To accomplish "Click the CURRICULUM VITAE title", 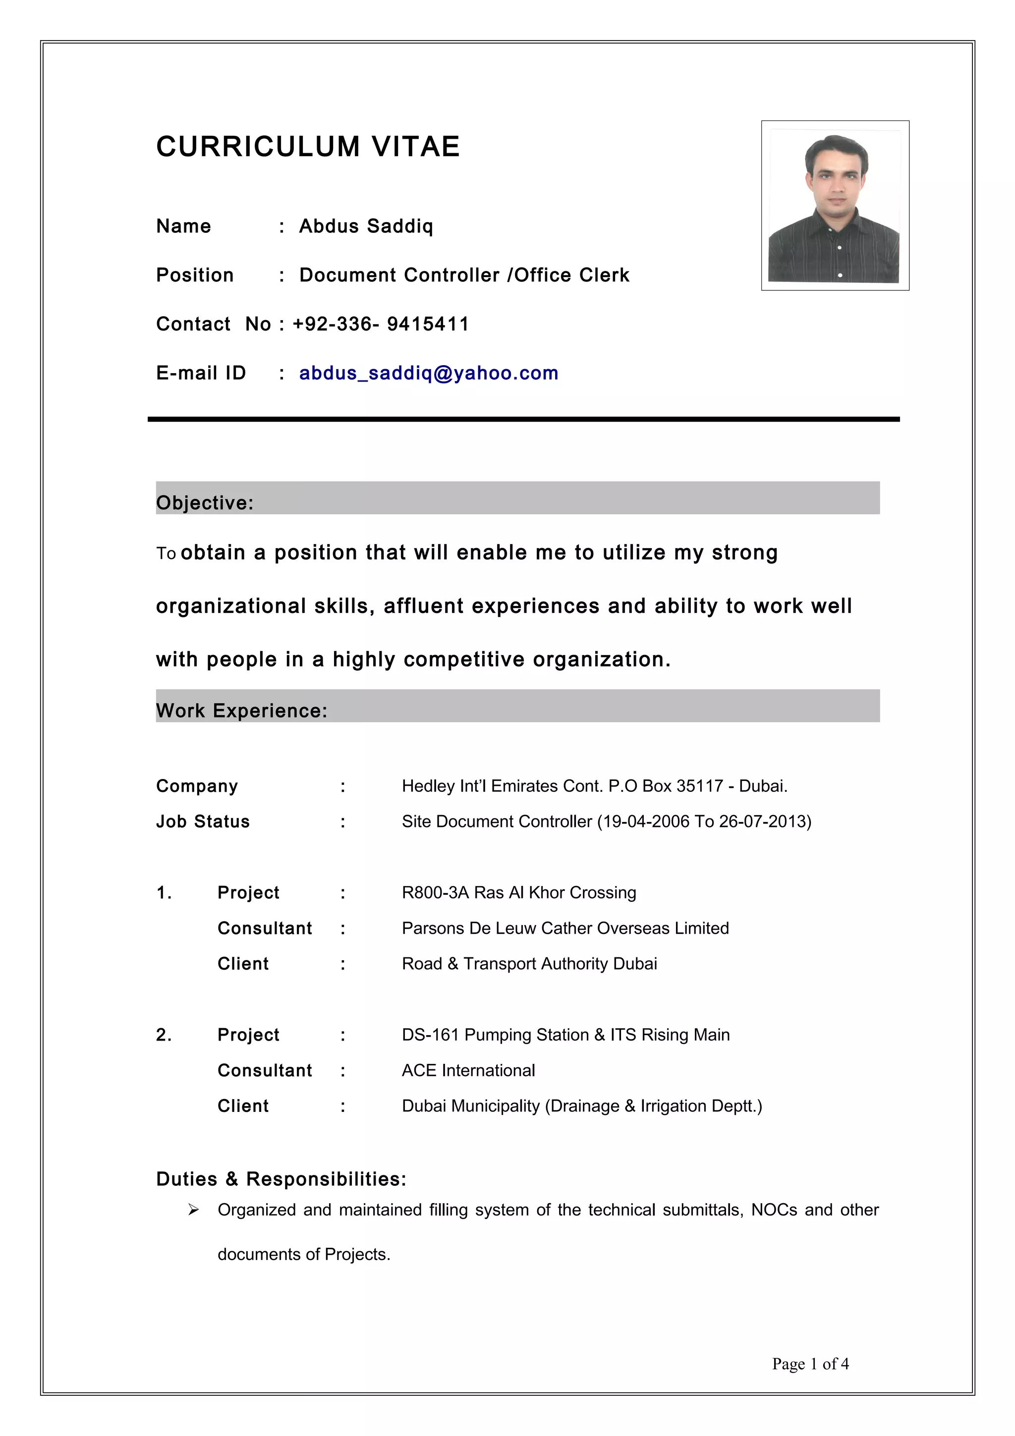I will tap(308, 147).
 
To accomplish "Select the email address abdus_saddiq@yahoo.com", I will tap(428, 374).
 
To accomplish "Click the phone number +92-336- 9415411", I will tap(380, 324).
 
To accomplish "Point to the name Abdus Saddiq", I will tap(366, 226).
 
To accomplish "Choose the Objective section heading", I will tap(205, 502).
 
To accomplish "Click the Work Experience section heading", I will tap(241, 711).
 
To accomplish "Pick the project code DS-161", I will tap(430, 1035).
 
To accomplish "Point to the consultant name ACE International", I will tap(468, 1070).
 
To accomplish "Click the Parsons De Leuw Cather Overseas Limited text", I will tap(565, 928).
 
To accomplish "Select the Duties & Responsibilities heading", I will tap(281, 1179).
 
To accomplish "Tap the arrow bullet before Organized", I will tap(193, 1210).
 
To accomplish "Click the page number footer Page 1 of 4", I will tap(810, 1364).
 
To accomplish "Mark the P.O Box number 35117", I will tap(700, 786).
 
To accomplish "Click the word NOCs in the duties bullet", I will tap(774, 1210).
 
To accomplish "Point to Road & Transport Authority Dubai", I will tap(529, 964).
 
